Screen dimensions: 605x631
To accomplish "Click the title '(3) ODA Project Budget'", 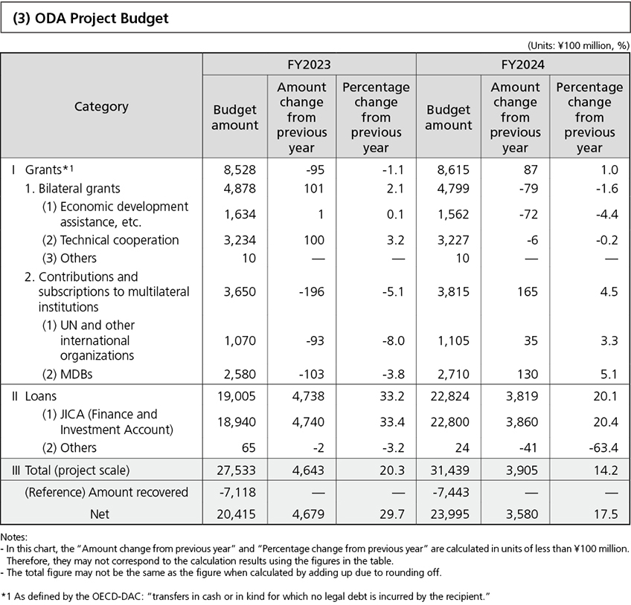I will point(91,19).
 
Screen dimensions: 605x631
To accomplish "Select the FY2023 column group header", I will point(309,65).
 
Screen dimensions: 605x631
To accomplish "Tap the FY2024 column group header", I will point(522,65).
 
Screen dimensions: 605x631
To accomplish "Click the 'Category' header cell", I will point(101,106).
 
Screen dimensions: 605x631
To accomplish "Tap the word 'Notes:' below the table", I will point(14,536).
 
